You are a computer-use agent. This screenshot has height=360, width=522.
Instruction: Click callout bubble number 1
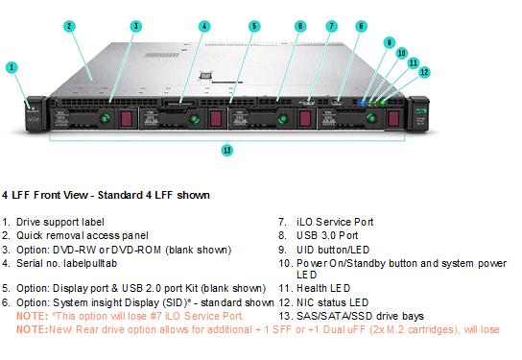click(x=12, y=67)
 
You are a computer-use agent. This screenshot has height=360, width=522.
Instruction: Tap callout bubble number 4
click(x=204, y=26)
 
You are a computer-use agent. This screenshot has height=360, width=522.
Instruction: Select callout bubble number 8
click(x=361, y=26)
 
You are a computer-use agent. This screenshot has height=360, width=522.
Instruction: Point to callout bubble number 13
click(x=227, y=150)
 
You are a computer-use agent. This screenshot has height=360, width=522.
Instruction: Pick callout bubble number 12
click(x=424, y=72)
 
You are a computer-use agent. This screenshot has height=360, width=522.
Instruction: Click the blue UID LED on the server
click(x=363, y=102)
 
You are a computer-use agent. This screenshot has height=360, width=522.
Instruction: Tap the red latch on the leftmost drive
click(x=127, y=118)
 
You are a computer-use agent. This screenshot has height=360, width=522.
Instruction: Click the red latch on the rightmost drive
click(x=393, y=118)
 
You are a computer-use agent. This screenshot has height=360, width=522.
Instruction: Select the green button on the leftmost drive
click(x=105, y=118)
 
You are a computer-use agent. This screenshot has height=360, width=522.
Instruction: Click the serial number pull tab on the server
click(x=180, y=104)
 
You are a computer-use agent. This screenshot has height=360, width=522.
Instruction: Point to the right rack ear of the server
click(x=419, y=113)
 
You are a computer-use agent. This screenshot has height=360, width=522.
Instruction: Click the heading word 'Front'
click(x=48, y=195)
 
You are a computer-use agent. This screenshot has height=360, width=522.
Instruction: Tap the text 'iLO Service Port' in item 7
click(x=335, y=222)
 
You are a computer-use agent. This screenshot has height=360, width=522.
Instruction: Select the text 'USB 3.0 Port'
click(x=327, y=235)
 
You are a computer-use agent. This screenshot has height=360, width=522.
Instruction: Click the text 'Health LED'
click(x=323, y=288)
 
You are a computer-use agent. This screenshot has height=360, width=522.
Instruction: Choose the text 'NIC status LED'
click(x=332, y=302)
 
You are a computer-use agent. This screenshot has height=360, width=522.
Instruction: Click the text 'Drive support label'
click(x=60, y=222)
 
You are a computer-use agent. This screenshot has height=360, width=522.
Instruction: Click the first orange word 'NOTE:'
click(x=33, y=316)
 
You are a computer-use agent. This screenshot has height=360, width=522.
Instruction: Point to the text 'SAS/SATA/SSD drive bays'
click(x=360, y=316)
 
